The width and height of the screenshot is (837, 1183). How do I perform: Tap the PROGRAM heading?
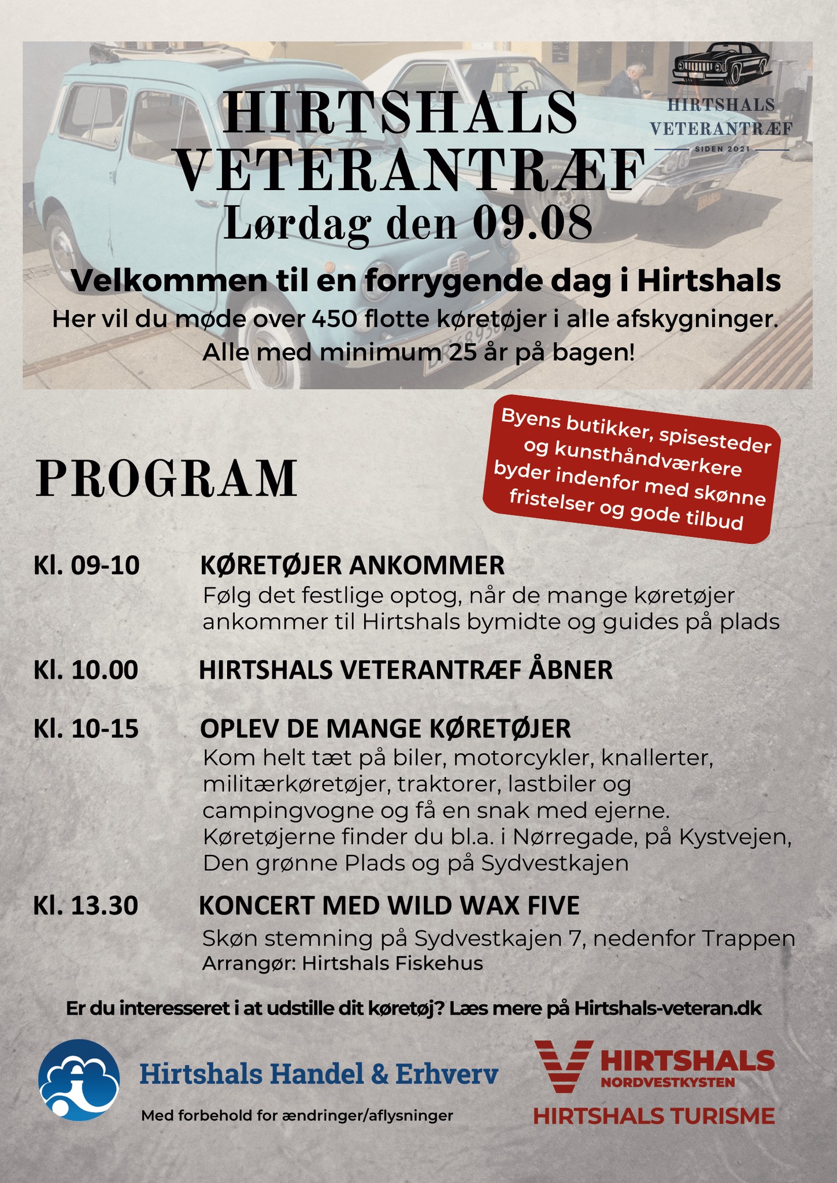click(x=166, y=479)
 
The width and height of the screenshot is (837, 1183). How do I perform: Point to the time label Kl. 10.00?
click(x=86, y=670)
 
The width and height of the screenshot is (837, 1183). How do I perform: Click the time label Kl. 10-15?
click(x=86, y=729)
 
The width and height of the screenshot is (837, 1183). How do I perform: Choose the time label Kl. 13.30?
click(x=86, y=906)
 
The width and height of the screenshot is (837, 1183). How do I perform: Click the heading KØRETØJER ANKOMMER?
click(x=352, y=566)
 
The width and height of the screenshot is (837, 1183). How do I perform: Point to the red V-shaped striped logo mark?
click(x=563, y=1066)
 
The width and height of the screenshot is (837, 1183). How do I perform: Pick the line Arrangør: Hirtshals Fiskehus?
click(x=342, y=963)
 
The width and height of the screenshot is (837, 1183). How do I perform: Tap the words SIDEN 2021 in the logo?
click(x=722, y=149)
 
